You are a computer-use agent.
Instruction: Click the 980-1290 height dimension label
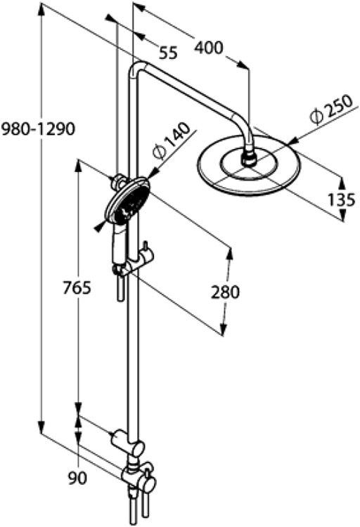click(x=38, y=129)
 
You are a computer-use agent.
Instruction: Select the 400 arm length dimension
click(x=209, y=47)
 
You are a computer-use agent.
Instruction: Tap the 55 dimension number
click(x=168, y=53)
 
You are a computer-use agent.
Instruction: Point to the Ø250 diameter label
click(x=331, y=110)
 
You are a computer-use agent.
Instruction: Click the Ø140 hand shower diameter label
click(x=171, y=141)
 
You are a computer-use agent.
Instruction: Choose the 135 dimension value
click(x=341, y=200)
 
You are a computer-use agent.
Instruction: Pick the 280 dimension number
click(x=226, y=292)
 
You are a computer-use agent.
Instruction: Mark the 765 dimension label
click(x=77, y=288)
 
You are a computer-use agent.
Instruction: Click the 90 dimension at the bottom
click(x=77, y=479)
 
